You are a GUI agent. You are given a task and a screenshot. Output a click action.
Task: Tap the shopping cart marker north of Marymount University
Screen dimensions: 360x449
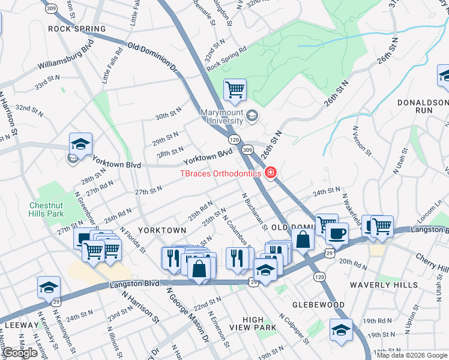pos(235,91)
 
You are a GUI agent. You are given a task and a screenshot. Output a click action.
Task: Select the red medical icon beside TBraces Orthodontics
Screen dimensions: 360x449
pos(270,173)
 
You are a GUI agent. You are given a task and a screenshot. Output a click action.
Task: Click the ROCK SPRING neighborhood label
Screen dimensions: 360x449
pos(77,29)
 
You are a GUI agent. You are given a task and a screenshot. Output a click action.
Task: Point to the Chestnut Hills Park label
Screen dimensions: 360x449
pos(47,209)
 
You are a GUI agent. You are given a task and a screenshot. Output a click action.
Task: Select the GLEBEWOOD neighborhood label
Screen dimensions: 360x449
pos(318,305)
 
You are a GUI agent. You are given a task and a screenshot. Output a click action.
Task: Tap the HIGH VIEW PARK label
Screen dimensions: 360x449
pos(259,323)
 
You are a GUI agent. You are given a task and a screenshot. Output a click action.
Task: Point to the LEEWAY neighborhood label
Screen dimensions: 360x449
pos(22,325)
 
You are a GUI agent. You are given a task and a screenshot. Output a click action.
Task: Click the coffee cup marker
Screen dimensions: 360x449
pos(338,233)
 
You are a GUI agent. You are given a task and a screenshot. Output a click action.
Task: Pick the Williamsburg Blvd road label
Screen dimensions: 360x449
pos(65,54)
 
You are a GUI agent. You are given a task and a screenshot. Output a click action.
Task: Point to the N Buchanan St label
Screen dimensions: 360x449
pos(254,211)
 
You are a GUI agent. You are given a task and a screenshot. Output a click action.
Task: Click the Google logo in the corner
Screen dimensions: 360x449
pos(20,353)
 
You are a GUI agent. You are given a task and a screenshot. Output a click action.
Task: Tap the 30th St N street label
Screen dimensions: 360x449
pos(168,114)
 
